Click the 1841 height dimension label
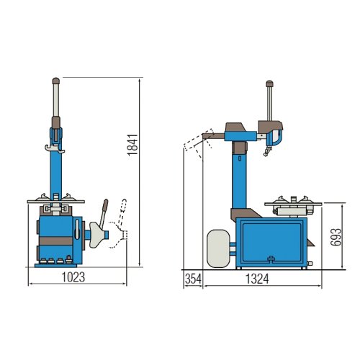pyautogui.click(x=132, y=145)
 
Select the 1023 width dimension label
pyautogui.click(x=73, y=277)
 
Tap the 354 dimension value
pyautogui.click(x=193, y=279)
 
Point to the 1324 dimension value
pyautogui.click(x=257, y=279)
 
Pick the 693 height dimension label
pyautogui.click(x=336, y=237)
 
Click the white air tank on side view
pyautogui.click(x=218, y=248)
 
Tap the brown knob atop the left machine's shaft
pyautogui.click(x=56, y=81)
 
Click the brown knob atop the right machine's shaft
pyautogui.click(x=270, y=84)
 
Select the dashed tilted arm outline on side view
pyautogui.click(x=198, y=143)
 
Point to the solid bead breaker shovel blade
pyautogui.click(x=97, y=235)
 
